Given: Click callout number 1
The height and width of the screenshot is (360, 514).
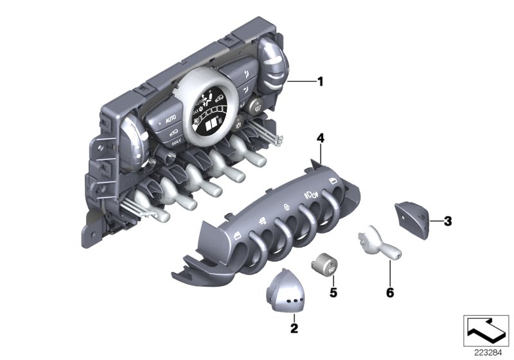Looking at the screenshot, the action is [320, 81].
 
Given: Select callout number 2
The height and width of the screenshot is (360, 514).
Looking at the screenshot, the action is [294, 328].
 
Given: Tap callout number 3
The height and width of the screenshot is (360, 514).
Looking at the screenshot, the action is [448, 221].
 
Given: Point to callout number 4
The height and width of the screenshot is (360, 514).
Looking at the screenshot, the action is [320, 138].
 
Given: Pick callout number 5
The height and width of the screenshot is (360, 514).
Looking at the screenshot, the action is [333, 292].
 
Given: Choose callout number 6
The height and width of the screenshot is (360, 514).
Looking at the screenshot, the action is [390, 292].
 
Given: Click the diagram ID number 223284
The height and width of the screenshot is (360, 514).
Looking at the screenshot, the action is [488, 353].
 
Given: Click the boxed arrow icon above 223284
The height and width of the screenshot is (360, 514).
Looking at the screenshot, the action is [486, 330].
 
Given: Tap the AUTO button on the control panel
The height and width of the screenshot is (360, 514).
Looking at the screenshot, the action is [170, 120].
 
